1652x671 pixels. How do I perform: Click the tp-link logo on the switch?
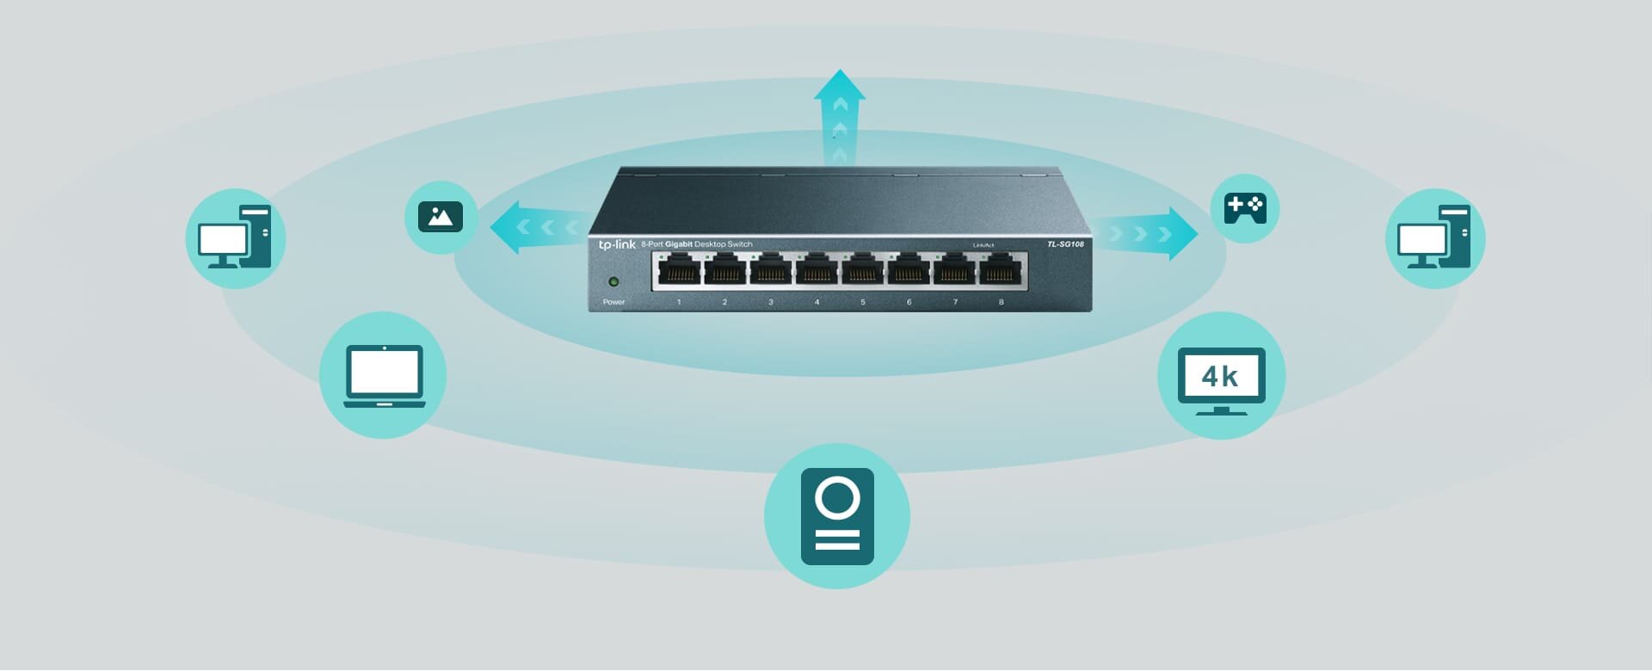[617, 245]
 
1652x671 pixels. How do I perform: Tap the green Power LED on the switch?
[613, 281]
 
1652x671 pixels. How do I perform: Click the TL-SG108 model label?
[1065, 244]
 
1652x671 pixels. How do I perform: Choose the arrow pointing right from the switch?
[1153, 233]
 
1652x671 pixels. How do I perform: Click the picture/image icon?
[441, 217]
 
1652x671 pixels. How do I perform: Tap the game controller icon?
[1245, 208]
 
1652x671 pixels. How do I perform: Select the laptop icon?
[384, 376]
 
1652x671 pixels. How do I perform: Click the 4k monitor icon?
[1221, 378]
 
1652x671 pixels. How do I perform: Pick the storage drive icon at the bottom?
[837, 516]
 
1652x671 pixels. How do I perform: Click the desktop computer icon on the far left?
[235, 238]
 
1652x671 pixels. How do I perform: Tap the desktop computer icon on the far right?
[1434, 238]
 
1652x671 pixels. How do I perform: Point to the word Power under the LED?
[613, 302]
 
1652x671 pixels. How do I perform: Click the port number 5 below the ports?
[862, 302]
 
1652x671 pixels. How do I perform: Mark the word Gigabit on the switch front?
[678, 244]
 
